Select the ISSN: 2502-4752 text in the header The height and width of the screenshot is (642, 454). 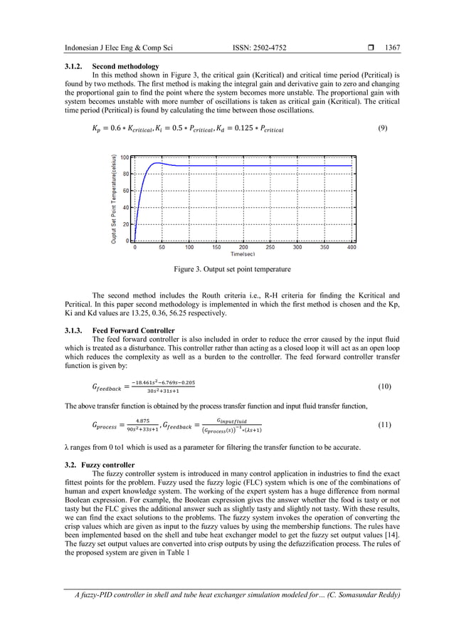263,48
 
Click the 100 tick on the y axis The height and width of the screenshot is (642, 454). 125,157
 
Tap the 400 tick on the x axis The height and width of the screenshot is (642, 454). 351,248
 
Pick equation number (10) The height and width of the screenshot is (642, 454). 385,386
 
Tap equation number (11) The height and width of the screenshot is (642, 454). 385,424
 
